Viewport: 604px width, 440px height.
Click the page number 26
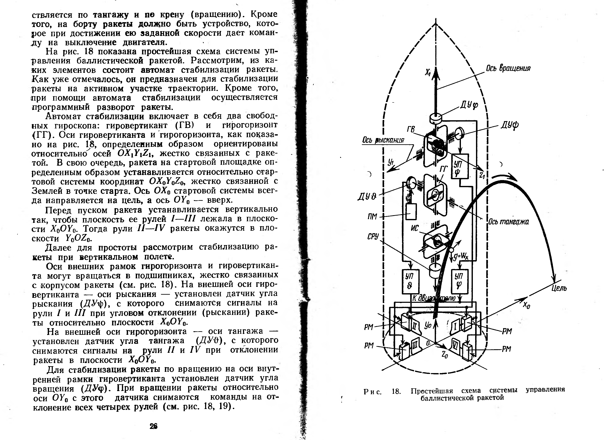coord(153,426)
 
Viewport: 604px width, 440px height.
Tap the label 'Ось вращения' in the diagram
coord(508,68)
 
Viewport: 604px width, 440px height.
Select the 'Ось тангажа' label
coord(508,222)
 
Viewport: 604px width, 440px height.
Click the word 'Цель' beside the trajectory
coord(559,288)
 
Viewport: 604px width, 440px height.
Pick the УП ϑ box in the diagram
coord(410,281)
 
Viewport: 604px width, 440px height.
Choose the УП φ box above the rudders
coord(459,281)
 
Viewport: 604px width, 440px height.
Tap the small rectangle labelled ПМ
coord(411,212)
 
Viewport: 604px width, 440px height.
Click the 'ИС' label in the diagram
coord(415,228)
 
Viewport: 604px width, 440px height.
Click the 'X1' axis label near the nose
coord(428,72)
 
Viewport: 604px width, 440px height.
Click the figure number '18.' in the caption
coord(396,391)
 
